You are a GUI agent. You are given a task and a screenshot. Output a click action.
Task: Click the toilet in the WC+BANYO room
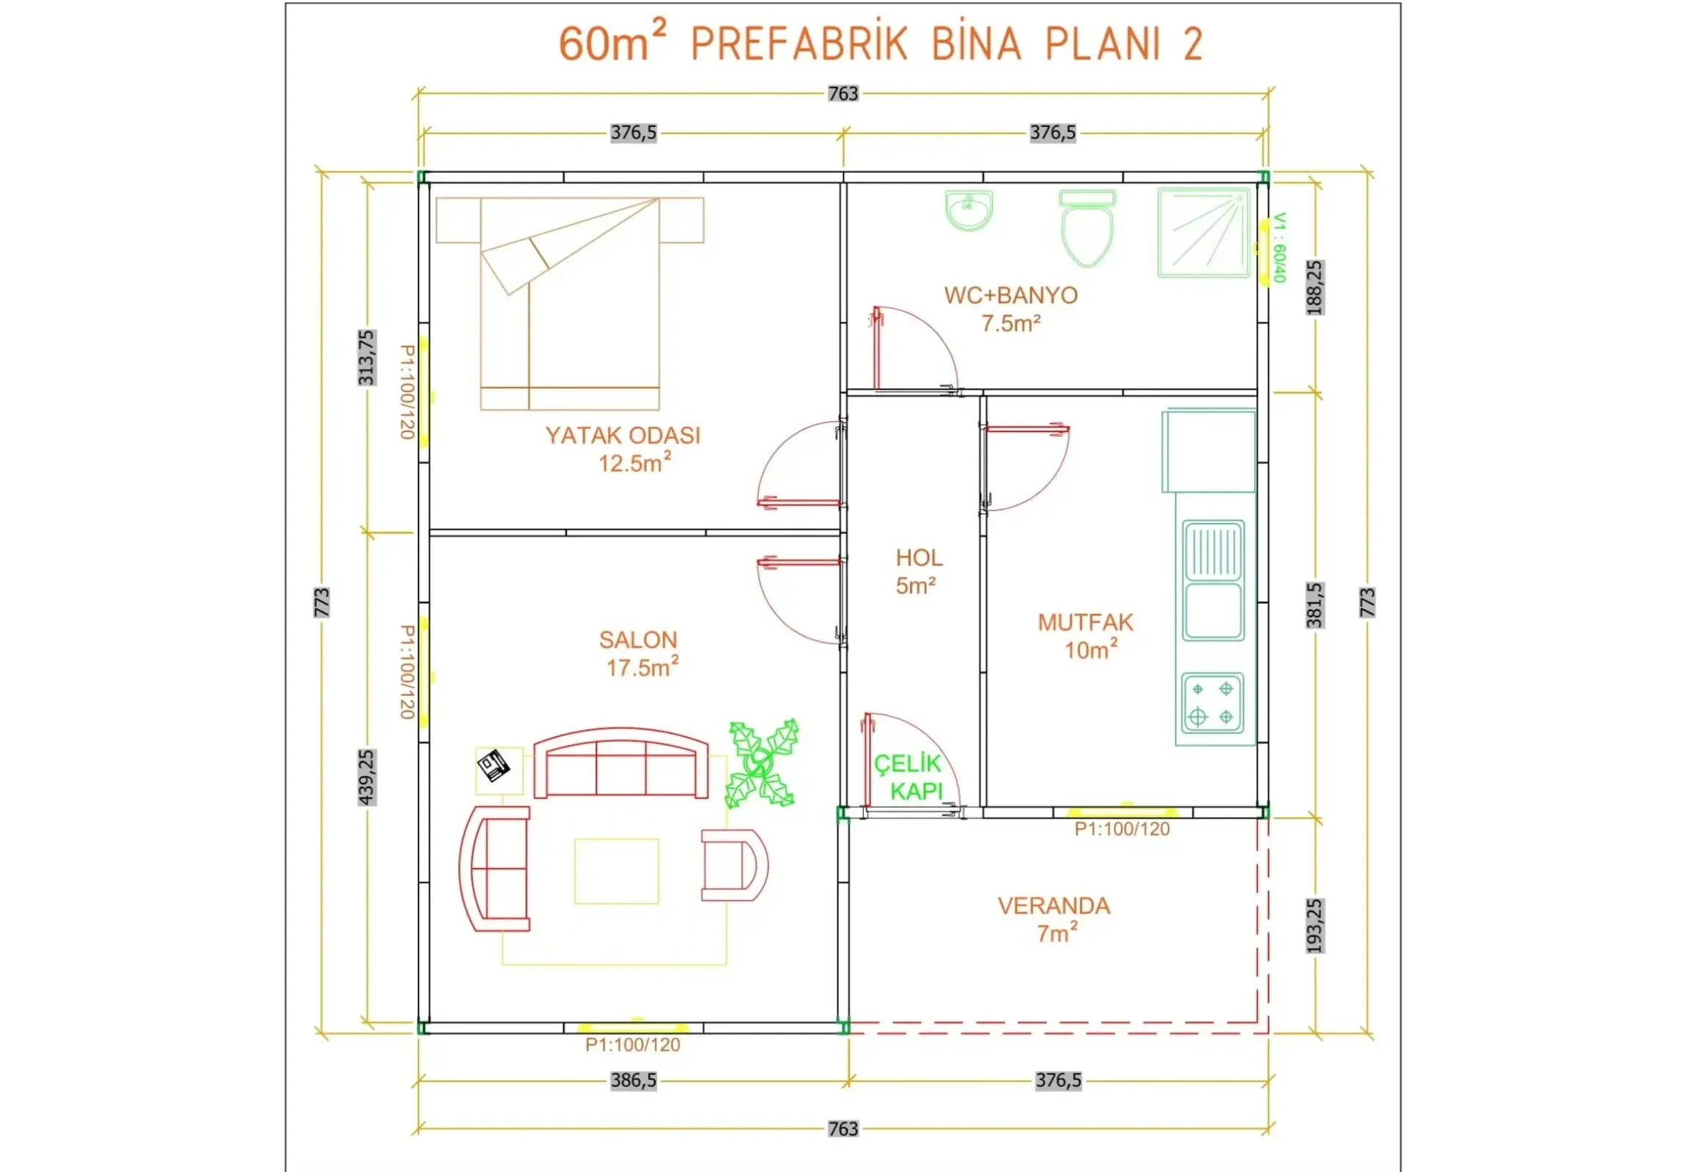[1087, 230]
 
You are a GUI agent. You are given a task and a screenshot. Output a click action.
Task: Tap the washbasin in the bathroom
[969, 210]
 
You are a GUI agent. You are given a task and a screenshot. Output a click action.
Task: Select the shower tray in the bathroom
[1203, 233]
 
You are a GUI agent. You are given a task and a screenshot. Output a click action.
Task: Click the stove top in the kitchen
[1212, 702]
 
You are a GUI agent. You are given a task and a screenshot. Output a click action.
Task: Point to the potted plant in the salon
[761, 765]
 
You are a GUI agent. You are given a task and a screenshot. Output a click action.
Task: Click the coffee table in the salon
[616, 871]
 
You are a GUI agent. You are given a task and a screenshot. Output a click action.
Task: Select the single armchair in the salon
[733, 864]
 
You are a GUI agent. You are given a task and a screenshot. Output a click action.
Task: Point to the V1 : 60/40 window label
[1279, 248]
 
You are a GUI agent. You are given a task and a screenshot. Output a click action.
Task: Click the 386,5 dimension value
[634, 1081]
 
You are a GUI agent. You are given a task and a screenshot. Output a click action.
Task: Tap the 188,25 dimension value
[1315, 288]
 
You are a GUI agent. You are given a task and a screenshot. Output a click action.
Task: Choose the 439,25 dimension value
[367, 777]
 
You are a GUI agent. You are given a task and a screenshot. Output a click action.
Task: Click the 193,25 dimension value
[1315, 926]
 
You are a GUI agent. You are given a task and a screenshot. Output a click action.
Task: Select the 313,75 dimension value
[366, 357]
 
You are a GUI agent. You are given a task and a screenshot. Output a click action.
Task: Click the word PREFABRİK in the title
[799, 45]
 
